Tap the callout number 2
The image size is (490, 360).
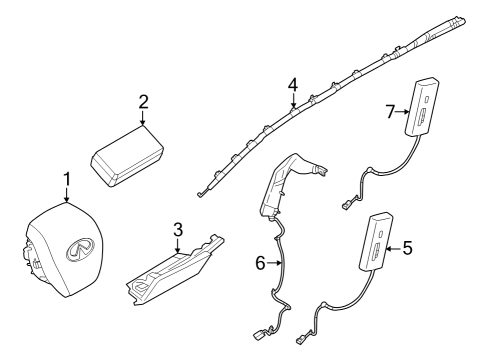pyautogui.click(x=143, y=102)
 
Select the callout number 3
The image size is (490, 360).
pyautogui.click(x=177, y=230)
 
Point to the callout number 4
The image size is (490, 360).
pyautogui.click(x=292, y=85)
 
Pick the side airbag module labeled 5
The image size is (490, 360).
pyautogui.click(x=380, y=243)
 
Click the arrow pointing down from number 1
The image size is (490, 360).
pyautogui.click(x=67, y=196)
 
